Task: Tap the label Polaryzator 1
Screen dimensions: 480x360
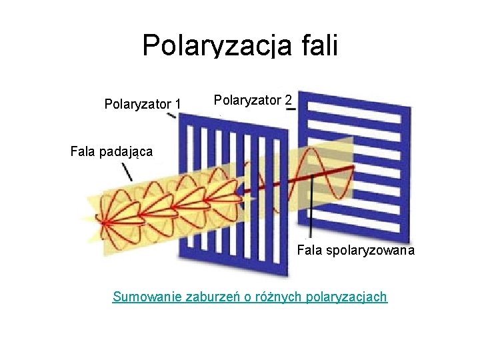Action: click(x=143, y=104)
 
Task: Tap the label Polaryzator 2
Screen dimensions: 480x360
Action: click(x=253, y=100)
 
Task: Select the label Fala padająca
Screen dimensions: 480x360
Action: click(x=111, y=151)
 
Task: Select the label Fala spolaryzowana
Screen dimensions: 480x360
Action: click(x=355, y=251)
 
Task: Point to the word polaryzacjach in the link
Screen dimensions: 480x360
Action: click(x=345, y=297)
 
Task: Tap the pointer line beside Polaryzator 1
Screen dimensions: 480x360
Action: click(x=171, y=115)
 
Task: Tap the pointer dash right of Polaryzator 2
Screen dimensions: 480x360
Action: click(x=291, y=109)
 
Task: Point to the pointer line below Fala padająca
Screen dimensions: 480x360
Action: click(x=126, y=171)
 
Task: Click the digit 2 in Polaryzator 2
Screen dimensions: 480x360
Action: click(x=287, y=100)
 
